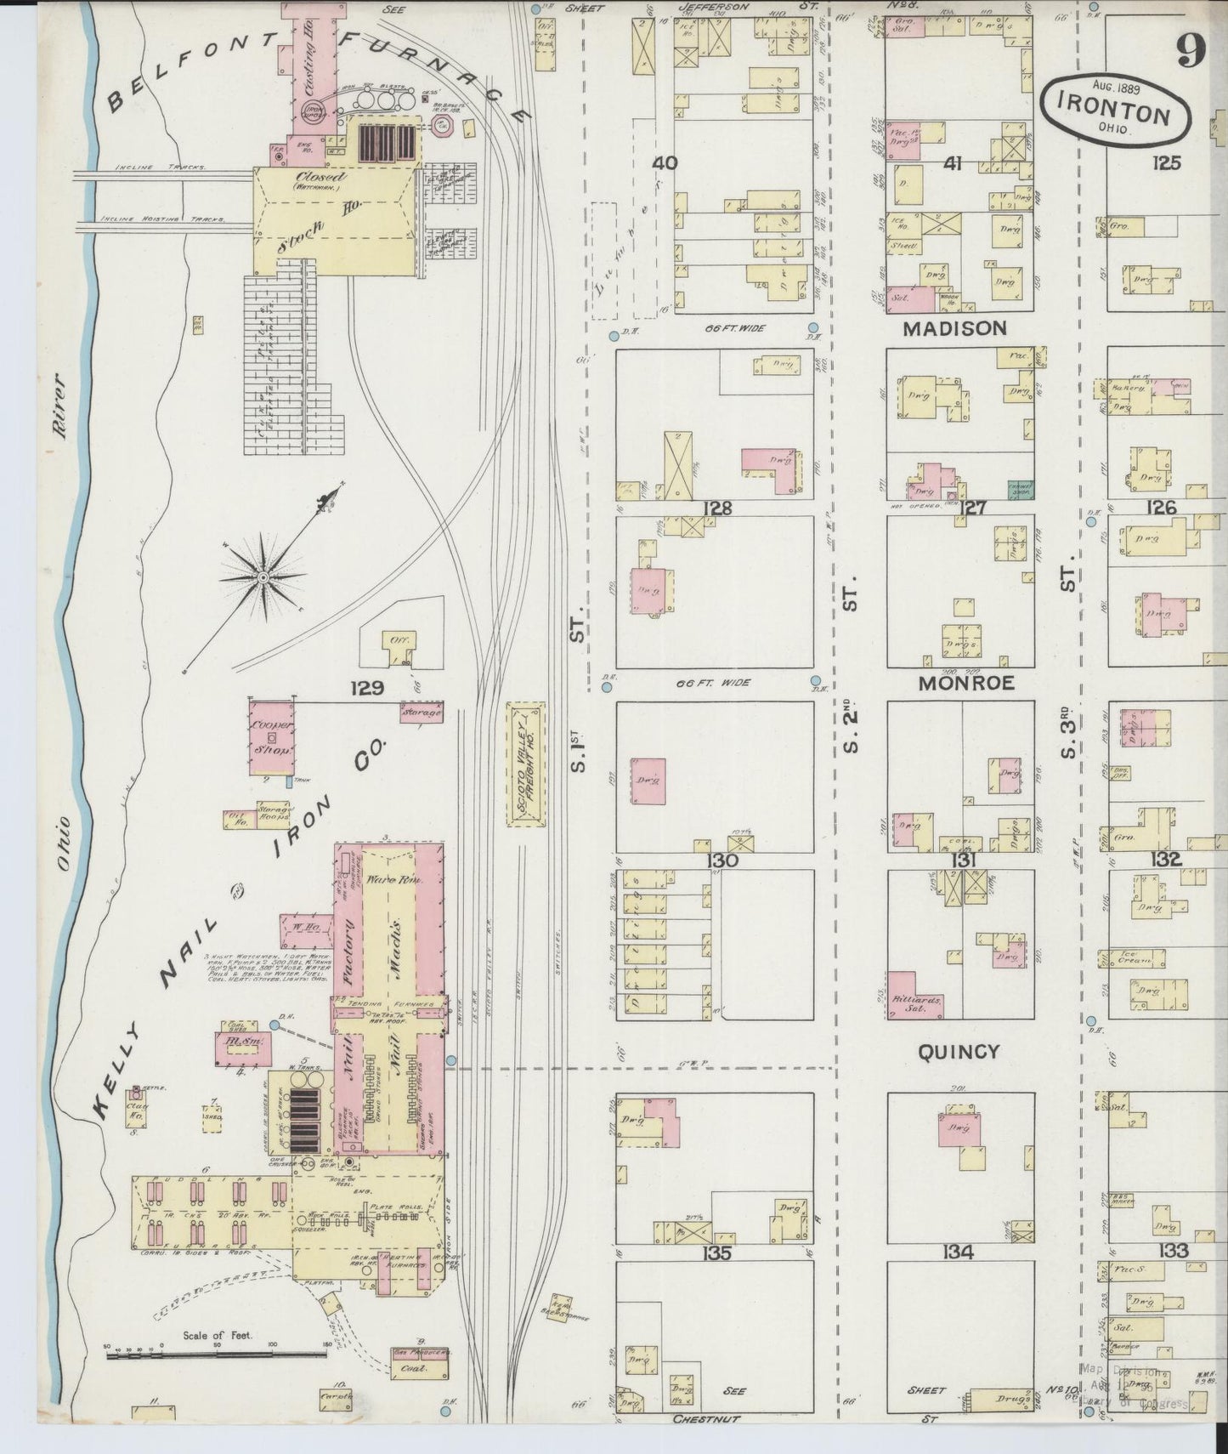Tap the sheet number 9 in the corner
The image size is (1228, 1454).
coord(1191,53)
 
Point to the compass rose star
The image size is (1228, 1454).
coord(263,577)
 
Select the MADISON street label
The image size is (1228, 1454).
coord(954,328)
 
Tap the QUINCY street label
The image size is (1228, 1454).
coord(958,1052)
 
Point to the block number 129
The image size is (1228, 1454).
coord(370,687)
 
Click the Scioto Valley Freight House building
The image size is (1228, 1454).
coord(525,764)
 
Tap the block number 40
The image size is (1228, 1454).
coord(665,162)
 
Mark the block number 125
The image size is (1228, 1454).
coord(1166,162)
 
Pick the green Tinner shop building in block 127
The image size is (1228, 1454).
coord(1019,490)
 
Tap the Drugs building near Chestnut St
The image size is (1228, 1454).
coord(1009,1396)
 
